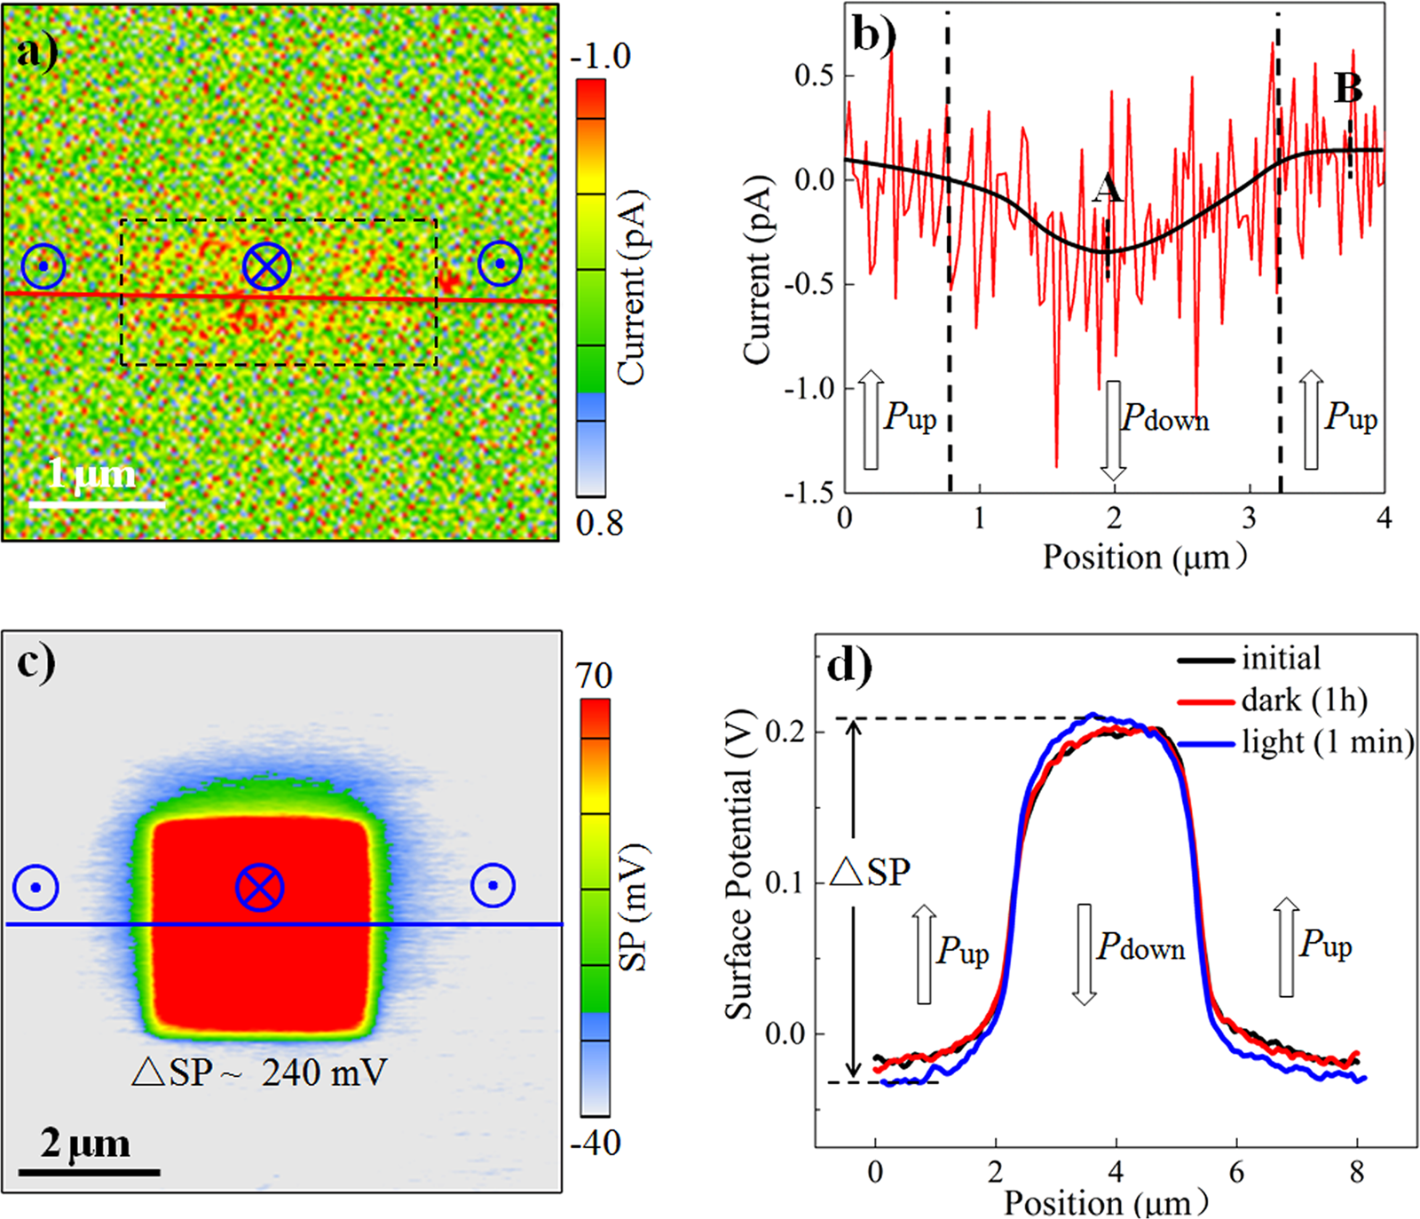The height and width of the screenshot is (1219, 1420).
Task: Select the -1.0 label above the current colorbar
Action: pyautogui.click(x=601, y=56)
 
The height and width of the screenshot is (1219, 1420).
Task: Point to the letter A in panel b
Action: pyautogui.click(x=1107, y=189)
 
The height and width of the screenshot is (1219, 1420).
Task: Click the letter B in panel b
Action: pyautogui.click(x=1348, y=88)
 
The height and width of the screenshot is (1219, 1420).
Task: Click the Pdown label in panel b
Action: pyautogui.click(x=1165, y=418)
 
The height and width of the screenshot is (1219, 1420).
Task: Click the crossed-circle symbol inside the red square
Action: pyautogui.click(x=260, y=887)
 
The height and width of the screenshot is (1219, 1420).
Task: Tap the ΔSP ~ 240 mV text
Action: pyautogui.click(x=260, y=1073)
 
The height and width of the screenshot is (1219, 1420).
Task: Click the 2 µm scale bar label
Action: pyautogui.click(x=85, y=1144)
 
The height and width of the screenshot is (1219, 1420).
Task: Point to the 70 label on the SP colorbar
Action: pyautogui.click(x=594, y=677)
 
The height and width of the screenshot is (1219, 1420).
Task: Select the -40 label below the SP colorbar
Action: pyautogui.click(x=594, y=1143)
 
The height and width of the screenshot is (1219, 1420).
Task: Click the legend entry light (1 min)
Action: pyautogui.click(x=1327, y=742)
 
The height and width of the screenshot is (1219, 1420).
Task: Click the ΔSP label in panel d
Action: pyautogui.click(x=870, y=873)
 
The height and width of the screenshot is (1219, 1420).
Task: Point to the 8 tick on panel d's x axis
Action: pyautogui.click(x=1356, y=1173)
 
